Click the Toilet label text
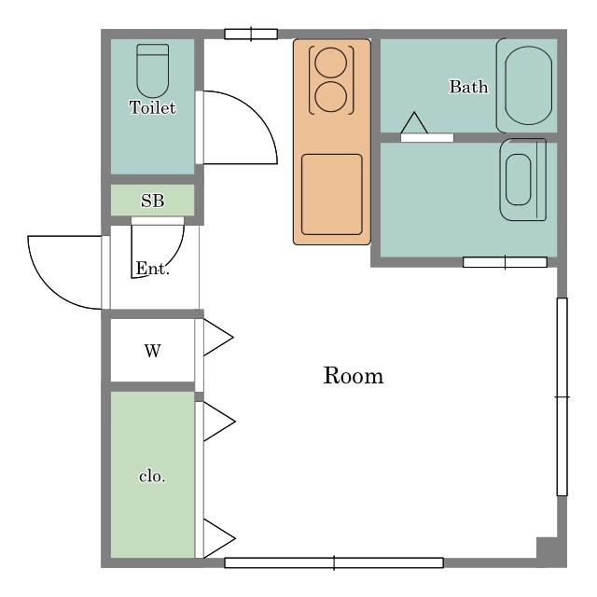click(152, 107)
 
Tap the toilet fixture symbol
click(153, 71)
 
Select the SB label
click(152, 201)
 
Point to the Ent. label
click(152, 269)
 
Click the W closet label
click(153, 351)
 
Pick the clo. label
click(152, 477)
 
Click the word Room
click(354, 376)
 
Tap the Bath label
click(468, 87)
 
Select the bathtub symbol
click(527, 85)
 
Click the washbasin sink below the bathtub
click(523, 180)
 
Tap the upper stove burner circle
click(331, 62)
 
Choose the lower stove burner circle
click(331, 97)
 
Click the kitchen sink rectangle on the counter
click(332, 195)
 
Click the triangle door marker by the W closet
click(218, 338)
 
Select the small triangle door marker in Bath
click(414, 122)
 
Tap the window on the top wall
click(251, 35)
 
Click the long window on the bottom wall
click(334, 562)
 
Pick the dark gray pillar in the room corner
click(548, 548)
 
